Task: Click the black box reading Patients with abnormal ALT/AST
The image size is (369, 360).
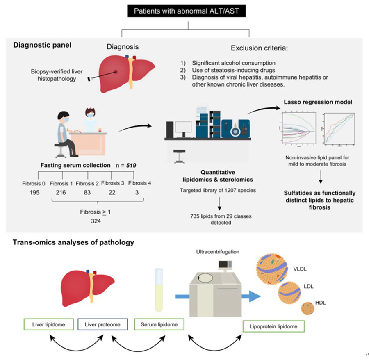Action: click(188, 11)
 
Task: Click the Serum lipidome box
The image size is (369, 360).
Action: click(159, 325)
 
